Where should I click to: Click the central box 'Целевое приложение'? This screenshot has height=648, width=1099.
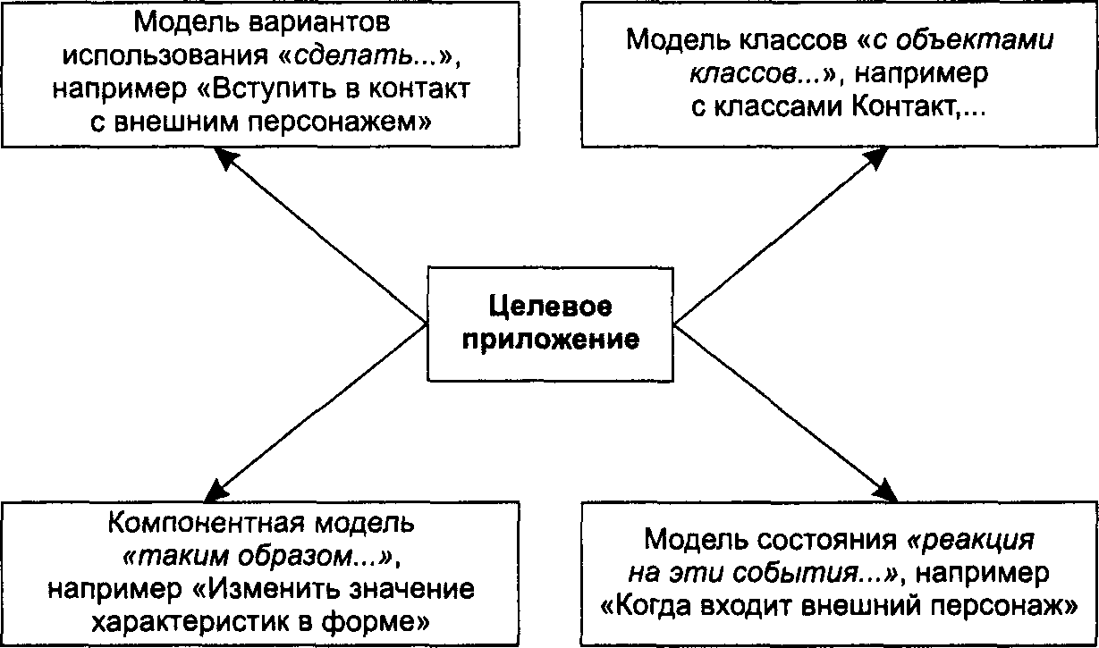click(551, 324)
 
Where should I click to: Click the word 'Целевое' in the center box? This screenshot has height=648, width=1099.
click(551, 307)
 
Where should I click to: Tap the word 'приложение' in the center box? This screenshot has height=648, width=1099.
click(551, 340)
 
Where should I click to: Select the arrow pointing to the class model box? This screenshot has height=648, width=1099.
click(781, 235)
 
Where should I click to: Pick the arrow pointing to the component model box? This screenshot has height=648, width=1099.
click(316, 413)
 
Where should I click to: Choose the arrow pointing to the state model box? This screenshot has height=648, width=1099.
click(786, 413)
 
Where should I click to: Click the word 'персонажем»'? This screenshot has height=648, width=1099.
click(339, 122)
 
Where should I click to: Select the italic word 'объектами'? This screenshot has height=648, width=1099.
click(975, 39)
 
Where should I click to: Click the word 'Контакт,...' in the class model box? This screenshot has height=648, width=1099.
click(918, 106)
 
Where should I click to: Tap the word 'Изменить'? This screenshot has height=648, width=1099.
click(265, 589)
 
